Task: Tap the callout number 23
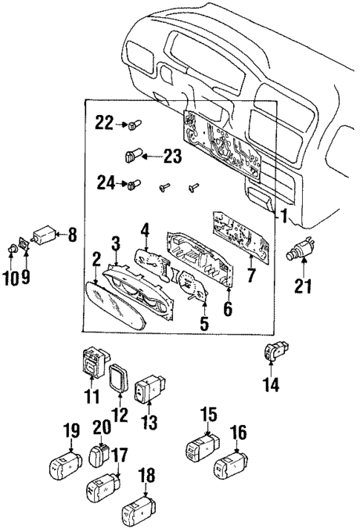[171, 157]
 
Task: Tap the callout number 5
[203, 324]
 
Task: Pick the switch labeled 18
[139, 512]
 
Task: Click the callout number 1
[282, 217]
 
